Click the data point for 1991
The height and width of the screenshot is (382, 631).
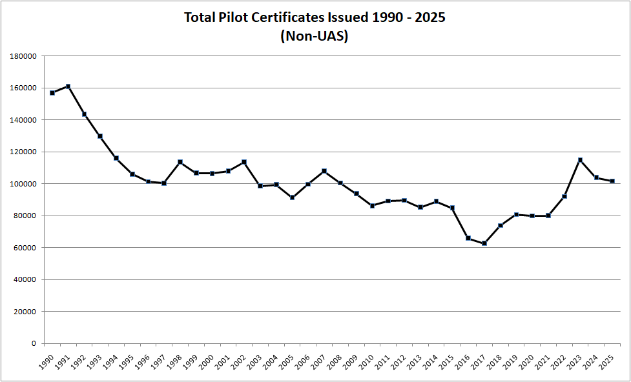click(68, 86)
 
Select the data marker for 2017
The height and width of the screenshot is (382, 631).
click(484, 243)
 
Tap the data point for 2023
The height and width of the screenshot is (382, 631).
click(581, 160)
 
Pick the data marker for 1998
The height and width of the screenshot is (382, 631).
click(180, 162)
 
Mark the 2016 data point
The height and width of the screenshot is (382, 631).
click(468, 238)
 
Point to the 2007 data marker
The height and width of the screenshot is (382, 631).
click(324, 171)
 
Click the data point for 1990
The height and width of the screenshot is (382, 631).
click(52, 93)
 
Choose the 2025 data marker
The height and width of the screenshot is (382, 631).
click(612, 181)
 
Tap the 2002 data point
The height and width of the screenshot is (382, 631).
click(244, 162)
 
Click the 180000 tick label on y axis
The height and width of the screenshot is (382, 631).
click(23, 56)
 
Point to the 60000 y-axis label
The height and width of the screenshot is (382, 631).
click(25, 248)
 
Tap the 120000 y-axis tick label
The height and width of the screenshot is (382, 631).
click(23, 152)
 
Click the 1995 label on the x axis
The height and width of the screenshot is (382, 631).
click(128, 362)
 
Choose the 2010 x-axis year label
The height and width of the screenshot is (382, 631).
click(368, 362)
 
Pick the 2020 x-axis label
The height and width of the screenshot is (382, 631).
click(528, 362)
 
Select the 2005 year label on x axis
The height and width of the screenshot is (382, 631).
click(288, 362)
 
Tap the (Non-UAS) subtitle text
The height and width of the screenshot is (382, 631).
click(315, 36)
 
